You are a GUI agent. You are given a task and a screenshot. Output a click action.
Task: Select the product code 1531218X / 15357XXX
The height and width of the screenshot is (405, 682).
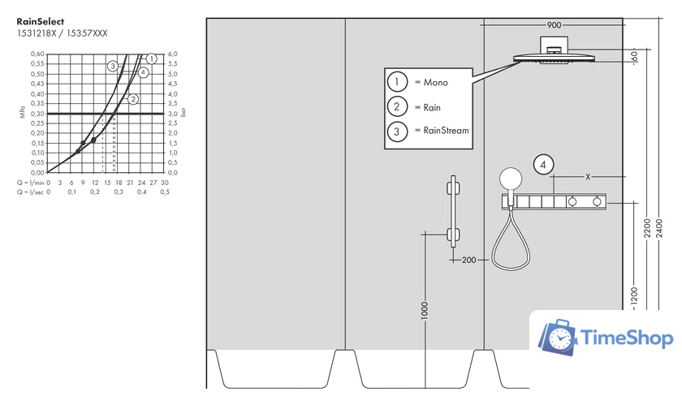(62, 33)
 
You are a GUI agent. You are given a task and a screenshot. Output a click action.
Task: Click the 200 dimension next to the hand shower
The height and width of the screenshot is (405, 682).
(468, 261)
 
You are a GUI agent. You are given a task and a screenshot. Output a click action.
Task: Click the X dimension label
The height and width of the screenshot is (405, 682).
(587, 176)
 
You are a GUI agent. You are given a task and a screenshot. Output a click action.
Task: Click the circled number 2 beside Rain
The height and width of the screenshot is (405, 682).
(397, 106)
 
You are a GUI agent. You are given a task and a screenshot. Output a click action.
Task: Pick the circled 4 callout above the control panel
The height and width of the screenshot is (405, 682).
(544, 166)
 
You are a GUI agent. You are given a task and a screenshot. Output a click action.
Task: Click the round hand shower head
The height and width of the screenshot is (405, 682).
(511, 179)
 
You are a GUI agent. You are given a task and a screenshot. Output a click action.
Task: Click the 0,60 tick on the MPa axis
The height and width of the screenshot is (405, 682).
(37, 54)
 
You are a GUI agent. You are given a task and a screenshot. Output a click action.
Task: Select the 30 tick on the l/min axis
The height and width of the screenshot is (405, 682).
(165, 183)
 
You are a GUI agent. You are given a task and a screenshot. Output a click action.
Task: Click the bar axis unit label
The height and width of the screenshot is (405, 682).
(184, 113)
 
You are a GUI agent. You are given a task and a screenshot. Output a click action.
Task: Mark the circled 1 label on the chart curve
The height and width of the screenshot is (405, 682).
(150, 58)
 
